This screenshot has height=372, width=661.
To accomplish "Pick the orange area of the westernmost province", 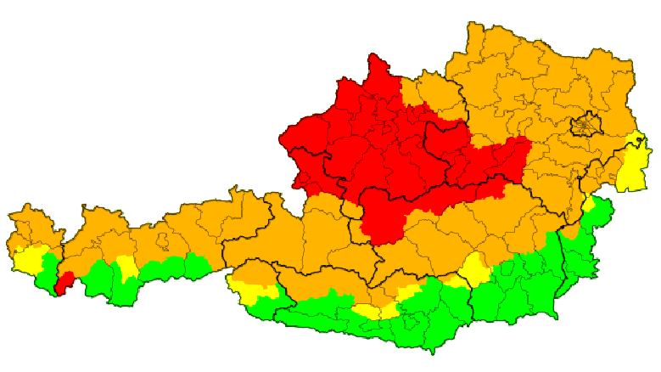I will tap(30, 225).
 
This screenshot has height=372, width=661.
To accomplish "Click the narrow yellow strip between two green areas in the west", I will tap(126, 268).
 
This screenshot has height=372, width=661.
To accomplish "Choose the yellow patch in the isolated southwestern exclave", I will tap(250, 293).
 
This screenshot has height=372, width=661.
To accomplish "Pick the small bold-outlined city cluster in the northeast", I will tap(585, 127).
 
